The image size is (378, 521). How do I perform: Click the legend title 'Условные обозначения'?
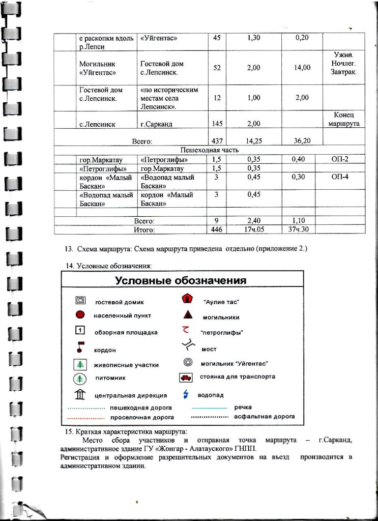(181, 281)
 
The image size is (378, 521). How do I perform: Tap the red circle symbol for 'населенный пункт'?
(80, 315)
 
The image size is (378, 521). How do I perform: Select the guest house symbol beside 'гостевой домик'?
(80, 301)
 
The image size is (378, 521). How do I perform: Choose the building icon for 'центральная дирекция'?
(80, 394)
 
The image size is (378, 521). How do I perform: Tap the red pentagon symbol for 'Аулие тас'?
(186, 300)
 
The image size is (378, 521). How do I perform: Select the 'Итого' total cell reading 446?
(217, 229)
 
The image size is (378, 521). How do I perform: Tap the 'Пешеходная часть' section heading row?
(210, 151)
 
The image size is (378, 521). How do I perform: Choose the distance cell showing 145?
(217, 124)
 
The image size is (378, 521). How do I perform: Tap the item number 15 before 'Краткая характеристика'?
(69, 431)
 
